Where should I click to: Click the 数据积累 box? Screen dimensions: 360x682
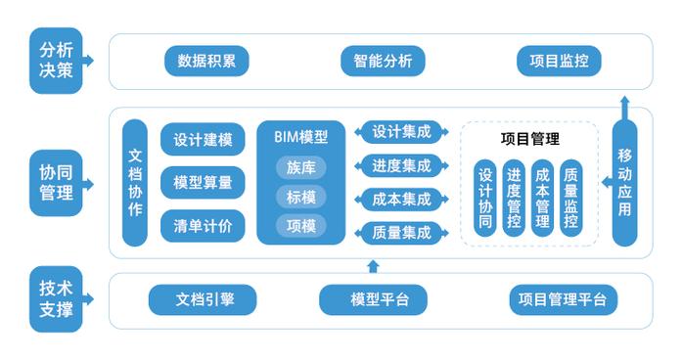pos(206,61)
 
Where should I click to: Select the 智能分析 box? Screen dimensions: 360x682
pos(383,61)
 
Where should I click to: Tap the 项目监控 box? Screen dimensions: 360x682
pos(558,61)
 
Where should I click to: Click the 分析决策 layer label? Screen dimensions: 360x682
pos(56,61)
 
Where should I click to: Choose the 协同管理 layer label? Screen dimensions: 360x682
pos(56,182)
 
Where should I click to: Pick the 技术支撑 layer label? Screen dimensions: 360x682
pos(56,299)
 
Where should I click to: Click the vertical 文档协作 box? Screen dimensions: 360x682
pos(135,182)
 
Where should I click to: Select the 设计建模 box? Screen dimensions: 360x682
pos(203,139)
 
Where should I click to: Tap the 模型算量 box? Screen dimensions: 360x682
pos(203,182)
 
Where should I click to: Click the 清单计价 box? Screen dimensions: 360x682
pos(203,226)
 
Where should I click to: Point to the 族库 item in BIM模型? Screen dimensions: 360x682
pos(300,167)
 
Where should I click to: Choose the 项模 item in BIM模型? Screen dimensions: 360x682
pos(300,225)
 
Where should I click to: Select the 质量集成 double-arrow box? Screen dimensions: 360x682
pos(401,232)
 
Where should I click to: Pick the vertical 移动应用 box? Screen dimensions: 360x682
pos(625,182)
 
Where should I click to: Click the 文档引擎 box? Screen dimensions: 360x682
pos(203,299)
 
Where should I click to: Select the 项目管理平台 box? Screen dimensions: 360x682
pos(563,299)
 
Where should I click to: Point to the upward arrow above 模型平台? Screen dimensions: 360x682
pos(372,265)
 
